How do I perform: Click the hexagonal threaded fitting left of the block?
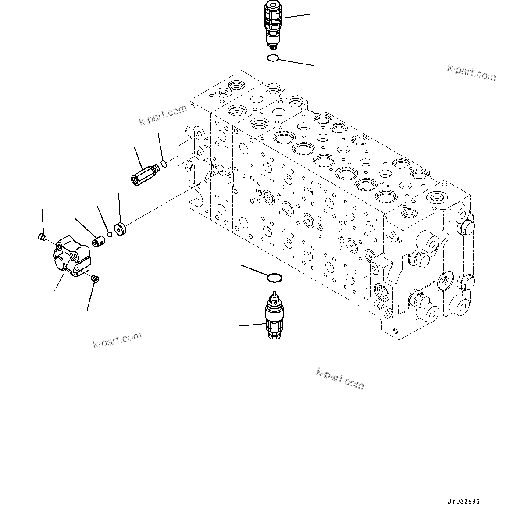(x=144, y=175)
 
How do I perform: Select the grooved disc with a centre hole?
(x=120, y=229)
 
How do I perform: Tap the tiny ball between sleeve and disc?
(x=110, y=234)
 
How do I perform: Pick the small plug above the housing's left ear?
(x=42, y=237)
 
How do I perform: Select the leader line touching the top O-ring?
(x=296, y=62)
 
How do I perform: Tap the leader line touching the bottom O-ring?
(x=255, y=270)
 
